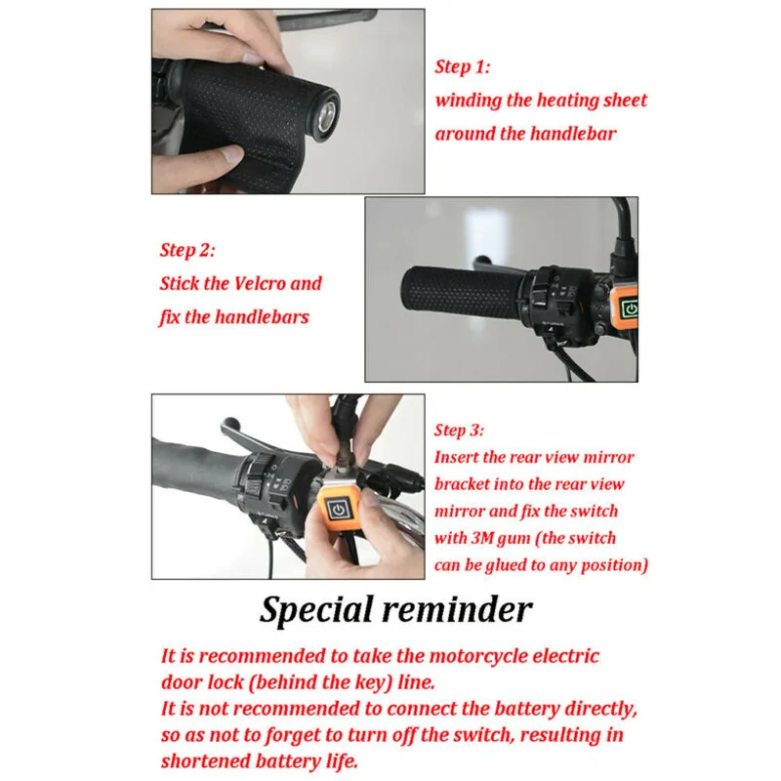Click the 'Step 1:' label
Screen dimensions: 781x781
(x=462, y=66)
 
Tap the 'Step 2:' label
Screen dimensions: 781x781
(x=187, y=250)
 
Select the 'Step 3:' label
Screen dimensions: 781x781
(x=459, y=430)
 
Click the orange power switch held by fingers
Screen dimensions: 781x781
(x=339, y=510)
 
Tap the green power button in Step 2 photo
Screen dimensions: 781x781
(x=630, y=308)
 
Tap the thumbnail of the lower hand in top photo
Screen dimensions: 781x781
(x=231, y=154)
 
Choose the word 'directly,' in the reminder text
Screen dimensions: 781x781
(x=601, y=710)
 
